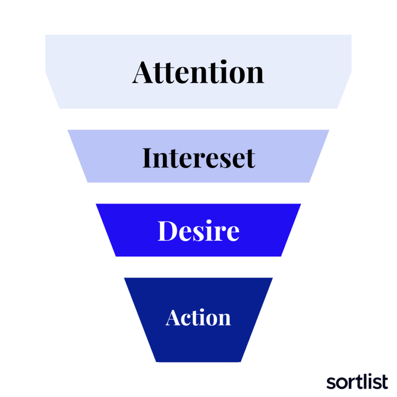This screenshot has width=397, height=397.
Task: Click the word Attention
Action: tap(198, 72)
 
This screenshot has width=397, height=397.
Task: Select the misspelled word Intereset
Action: tap(199, 158)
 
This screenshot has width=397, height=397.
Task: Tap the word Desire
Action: tap(198, 230)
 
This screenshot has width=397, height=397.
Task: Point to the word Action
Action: tap(198, 317)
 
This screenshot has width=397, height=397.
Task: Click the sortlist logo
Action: tap(357, 381)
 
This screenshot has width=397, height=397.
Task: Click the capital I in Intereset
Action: tap(148, 158)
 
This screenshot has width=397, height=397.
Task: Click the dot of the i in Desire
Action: tap(208, 222)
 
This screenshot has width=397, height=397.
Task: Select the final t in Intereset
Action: tap(250, 159)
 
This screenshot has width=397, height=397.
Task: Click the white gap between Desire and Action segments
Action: tap(198, 267)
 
